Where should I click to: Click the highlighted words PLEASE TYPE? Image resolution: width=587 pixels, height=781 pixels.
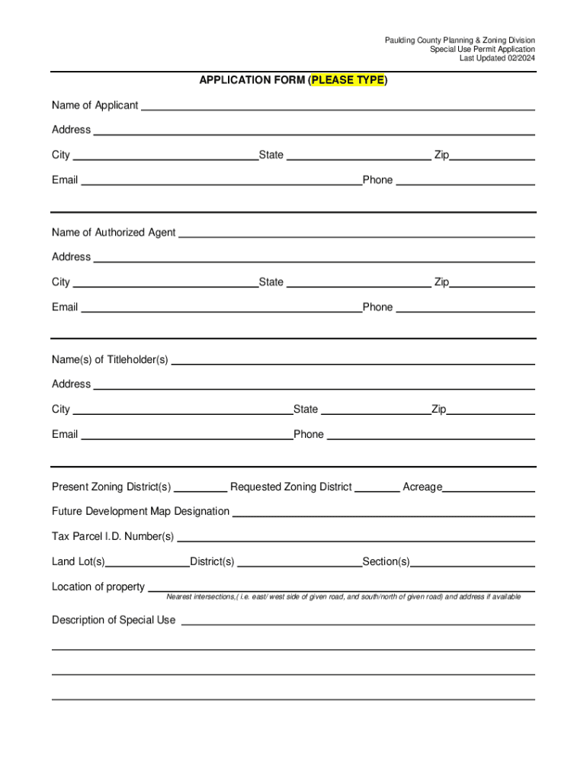coord(348,80)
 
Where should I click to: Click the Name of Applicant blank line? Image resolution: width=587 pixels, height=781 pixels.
coord(338,105)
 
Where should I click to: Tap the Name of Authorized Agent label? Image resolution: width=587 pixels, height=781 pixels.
coord(114,233)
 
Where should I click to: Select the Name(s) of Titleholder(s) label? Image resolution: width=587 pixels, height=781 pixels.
coord(110,360)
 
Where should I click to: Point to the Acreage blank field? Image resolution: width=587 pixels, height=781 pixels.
coord(489,487)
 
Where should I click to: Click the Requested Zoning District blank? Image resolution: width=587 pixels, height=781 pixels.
coord(377,487)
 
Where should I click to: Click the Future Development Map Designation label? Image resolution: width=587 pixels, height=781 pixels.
coord(140,511)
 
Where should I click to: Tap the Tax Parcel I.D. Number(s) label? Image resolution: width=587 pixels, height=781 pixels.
coord(113,536)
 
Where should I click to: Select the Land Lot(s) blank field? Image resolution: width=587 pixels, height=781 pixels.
coord(148,562)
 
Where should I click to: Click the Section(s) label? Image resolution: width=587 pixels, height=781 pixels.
coord(386,562)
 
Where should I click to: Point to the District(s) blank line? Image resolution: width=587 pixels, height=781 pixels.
coord(300,562)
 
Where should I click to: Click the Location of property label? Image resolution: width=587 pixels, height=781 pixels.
coord(98,587)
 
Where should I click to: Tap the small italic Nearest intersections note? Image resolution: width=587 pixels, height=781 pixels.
coord(344,597)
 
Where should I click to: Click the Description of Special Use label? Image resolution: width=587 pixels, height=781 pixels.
coord(114,620)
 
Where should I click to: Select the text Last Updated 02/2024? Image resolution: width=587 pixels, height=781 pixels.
coord(497,58)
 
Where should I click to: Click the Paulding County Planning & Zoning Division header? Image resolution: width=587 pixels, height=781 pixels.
coord(460,40)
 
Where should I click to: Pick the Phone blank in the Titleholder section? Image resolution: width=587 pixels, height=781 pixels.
coord(431,435)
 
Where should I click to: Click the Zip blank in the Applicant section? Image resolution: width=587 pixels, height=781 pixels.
coord(492,156)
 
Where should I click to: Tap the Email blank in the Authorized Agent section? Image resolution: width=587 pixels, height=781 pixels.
coord(221,307)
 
